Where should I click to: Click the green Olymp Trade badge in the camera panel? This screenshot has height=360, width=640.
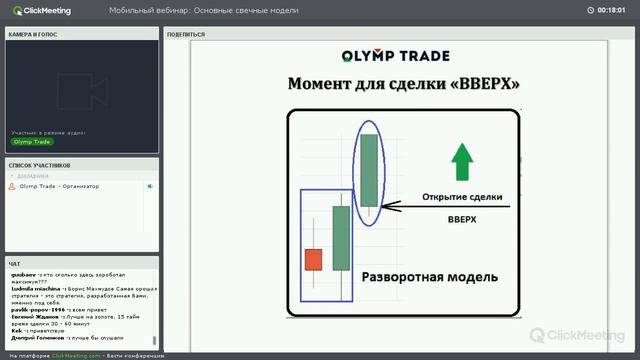(x=32, y=142)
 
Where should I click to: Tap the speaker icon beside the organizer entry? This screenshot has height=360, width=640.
(x=150, y=186)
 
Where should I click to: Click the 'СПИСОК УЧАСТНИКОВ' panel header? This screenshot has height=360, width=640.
(x=40, y=165)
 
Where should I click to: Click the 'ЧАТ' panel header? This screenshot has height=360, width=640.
(x=14, y=264)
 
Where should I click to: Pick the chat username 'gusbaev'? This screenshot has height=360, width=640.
(x=22, y=273)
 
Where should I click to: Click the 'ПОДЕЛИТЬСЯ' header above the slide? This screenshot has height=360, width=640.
(x=186, y=34)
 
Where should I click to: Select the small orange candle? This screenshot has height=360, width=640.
(x=313, y=259)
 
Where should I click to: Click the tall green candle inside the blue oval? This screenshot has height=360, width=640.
(x=370, y=170)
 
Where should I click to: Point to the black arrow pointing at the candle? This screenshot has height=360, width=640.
(x=400, y=209)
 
